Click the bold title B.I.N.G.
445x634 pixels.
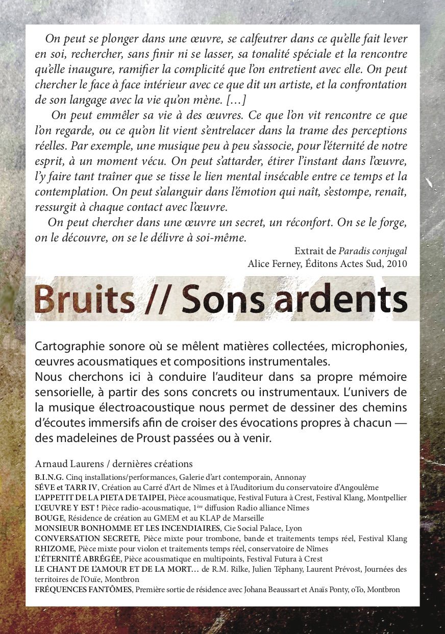pyautogui.click(x=49, y=477)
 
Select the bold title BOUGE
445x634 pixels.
pyautogui.click(x=49, y=518)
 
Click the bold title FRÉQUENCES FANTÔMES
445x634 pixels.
pyautogui.click(x=83, y=590)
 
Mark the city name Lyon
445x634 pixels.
pyautogui.click(x=293, y=528)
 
